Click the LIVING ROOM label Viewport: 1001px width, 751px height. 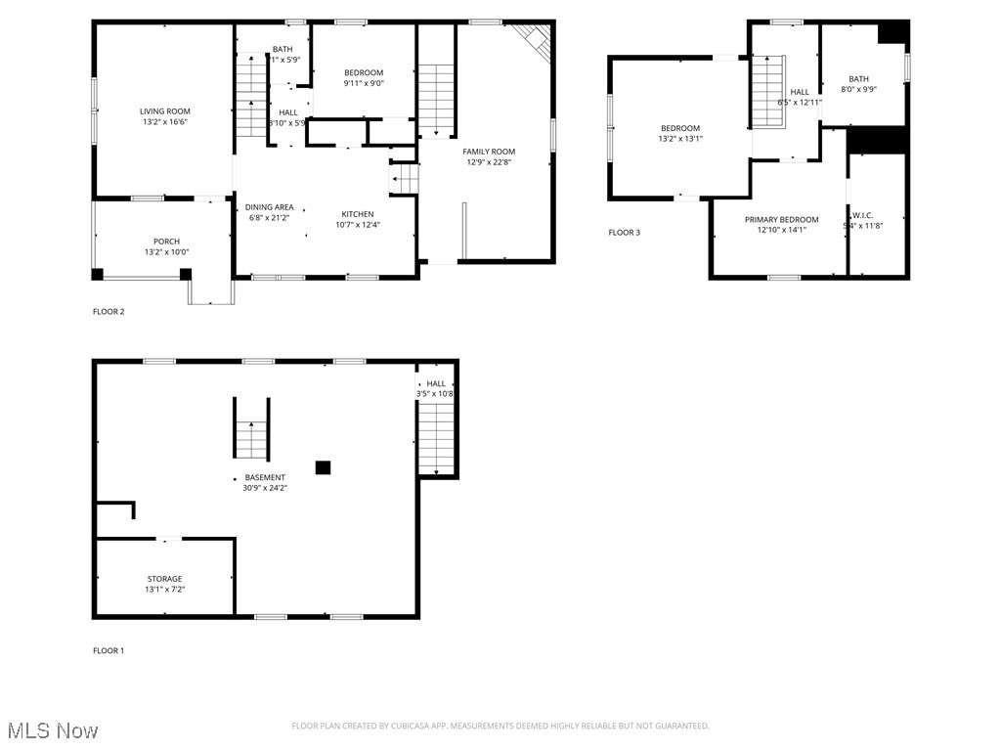click(164, 111)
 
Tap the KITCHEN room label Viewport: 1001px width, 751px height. click(357, 214)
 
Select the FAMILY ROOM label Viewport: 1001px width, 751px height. click(489, 152)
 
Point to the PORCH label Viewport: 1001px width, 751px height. click(166, 242)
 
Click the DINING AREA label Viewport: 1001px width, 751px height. click(269, 207)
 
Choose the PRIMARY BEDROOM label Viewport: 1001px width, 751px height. click(781, 220)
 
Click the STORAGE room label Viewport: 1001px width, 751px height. click(164, 579)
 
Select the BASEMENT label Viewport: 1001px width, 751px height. click(265, 477)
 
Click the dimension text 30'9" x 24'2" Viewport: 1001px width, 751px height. click(265, 488)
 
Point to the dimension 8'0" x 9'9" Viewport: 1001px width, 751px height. click(858, 90)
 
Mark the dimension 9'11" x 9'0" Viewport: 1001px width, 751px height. click(364, 83)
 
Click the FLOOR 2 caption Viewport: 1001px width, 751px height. click(109, 312)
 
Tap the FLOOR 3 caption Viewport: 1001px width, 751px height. click(625, 233)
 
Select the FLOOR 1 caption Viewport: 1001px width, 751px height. click(109, 650)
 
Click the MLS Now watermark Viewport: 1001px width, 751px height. click(52, 730)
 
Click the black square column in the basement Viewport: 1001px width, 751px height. click(323, 467)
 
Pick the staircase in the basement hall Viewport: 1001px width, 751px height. click(436, 438)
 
